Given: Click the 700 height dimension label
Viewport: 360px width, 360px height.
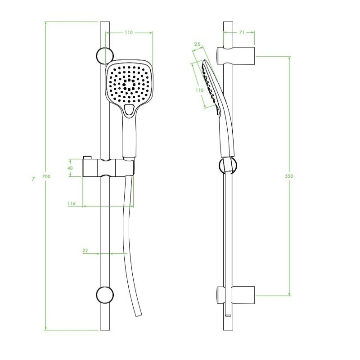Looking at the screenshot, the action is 46,176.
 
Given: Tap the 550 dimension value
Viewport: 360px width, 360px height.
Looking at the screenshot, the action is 289,176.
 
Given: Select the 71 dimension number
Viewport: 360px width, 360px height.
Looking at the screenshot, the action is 242,32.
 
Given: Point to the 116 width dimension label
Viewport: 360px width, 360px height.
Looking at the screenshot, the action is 72,203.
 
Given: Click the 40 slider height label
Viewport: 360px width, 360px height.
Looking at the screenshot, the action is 70,168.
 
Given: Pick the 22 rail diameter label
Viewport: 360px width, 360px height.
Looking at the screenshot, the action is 85,251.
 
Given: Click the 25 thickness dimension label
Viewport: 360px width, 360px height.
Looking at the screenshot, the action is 197,44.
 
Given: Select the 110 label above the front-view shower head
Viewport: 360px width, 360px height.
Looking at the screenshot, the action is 129,32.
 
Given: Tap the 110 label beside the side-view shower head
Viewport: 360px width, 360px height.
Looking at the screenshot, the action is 199,90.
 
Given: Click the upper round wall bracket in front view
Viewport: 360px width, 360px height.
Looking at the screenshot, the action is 105,56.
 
